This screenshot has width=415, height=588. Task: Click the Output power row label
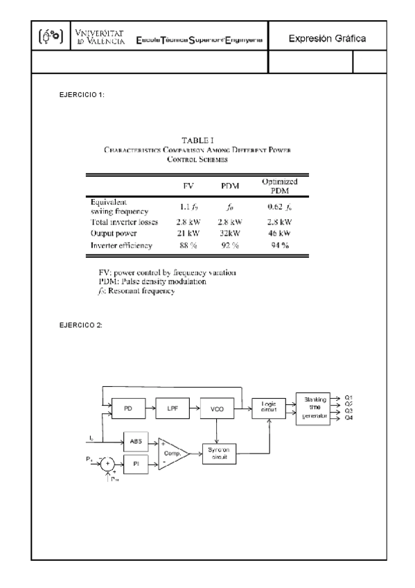116,234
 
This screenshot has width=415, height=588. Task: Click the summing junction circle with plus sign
108,463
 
